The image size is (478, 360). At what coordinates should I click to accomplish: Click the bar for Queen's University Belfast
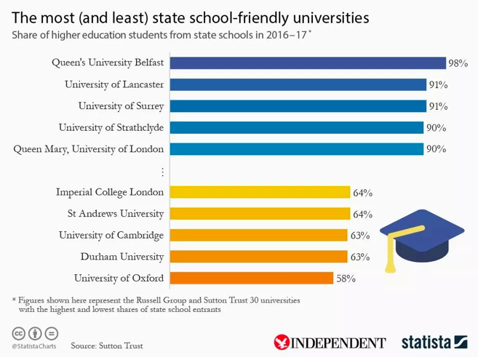point(307,63)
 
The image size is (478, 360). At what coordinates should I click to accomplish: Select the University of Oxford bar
point(251,278)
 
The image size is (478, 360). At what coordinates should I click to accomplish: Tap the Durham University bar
point(258,257)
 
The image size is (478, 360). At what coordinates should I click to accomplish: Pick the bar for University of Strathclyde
point(296,127)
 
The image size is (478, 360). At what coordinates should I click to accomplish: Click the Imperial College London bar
point(259,192)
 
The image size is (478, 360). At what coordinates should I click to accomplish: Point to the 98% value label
point(458,63)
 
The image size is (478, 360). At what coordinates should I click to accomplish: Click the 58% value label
point(345,279)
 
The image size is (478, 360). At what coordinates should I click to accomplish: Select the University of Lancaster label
point(114,84)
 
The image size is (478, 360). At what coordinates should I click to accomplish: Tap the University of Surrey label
point(121,106)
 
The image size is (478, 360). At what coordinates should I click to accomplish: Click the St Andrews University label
point(116,214)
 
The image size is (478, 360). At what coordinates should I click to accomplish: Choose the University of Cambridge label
point(111,235)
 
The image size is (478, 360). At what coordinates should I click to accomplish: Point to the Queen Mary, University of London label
point(89,149)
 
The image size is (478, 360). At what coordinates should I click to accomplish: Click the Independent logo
point(330,342)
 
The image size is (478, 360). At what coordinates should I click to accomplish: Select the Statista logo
point(434,342)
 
